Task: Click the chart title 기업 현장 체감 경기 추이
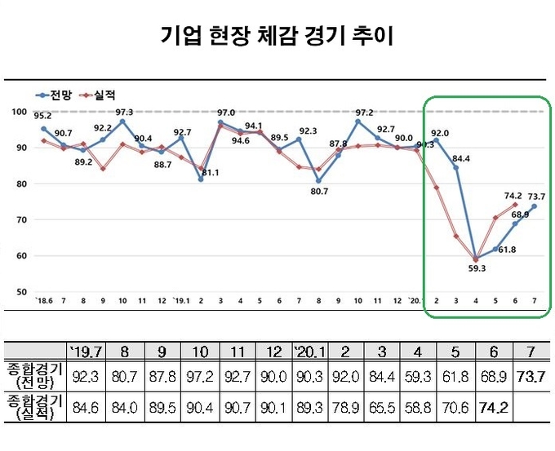(277, 36)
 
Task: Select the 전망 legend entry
(56, 95)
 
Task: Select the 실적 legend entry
(97, 95)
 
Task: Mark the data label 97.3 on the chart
(124, 112)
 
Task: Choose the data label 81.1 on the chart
(209, 173)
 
